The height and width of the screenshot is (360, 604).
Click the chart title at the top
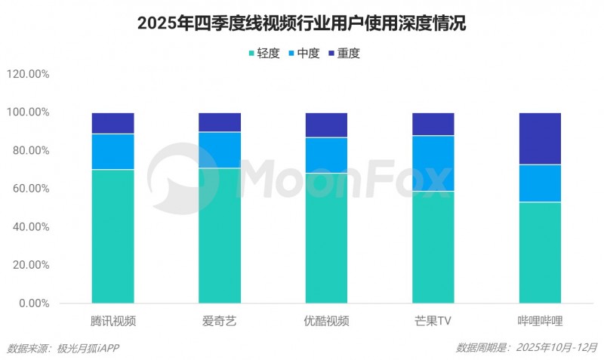coord(302,24)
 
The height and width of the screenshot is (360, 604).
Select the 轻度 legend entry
coord(265,54)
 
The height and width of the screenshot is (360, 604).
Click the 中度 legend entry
coord(305,54)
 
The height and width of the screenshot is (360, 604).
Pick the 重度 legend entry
coord(344,54)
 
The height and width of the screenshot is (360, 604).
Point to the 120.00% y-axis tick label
coord(28,75)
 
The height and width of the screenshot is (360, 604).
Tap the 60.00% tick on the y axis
coord(31,189)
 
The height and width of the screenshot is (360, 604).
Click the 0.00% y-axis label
coord(34,303)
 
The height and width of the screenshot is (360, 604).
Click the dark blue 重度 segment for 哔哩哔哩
coord(540,139)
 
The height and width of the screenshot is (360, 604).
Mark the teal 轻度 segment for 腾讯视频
coord(113,236)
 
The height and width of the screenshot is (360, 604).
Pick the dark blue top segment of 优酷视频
coord(326,125)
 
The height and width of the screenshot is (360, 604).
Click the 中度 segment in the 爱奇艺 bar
coord(220,150)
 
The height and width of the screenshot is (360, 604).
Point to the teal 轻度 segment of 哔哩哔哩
coord(540,253)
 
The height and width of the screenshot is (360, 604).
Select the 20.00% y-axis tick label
coord(31,265)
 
